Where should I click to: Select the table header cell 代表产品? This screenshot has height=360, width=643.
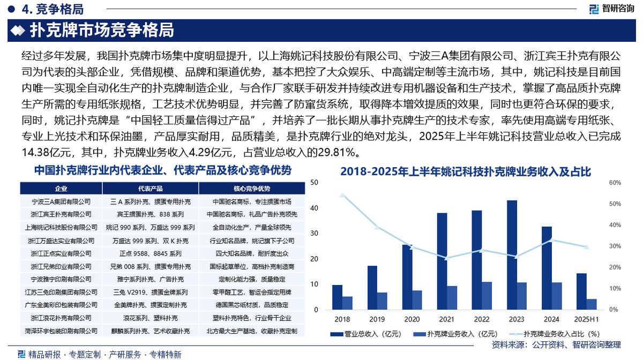pos(150,189)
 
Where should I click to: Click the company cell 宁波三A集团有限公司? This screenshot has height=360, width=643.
pos(61,201)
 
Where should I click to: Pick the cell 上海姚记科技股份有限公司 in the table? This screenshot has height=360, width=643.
pos(61,227)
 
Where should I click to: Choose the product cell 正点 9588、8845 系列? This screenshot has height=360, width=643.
pos(150,253)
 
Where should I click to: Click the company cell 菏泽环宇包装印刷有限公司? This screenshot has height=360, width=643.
pos(61,331)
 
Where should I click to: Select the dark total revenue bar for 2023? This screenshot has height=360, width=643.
pos(512,255)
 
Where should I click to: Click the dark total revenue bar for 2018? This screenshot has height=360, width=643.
pos(337,297)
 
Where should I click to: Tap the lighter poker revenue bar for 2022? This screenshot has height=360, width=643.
pos(487,296)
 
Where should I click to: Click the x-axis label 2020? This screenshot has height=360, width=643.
pos(412,319)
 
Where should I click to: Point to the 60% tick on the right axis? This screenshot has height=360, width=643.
pos(614,183)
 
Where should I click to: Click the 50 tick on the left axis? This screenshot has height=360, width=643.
pos(314,183)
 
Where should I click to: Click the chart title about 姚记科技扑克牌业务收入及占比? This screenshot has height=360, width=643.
pos(465,172)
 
